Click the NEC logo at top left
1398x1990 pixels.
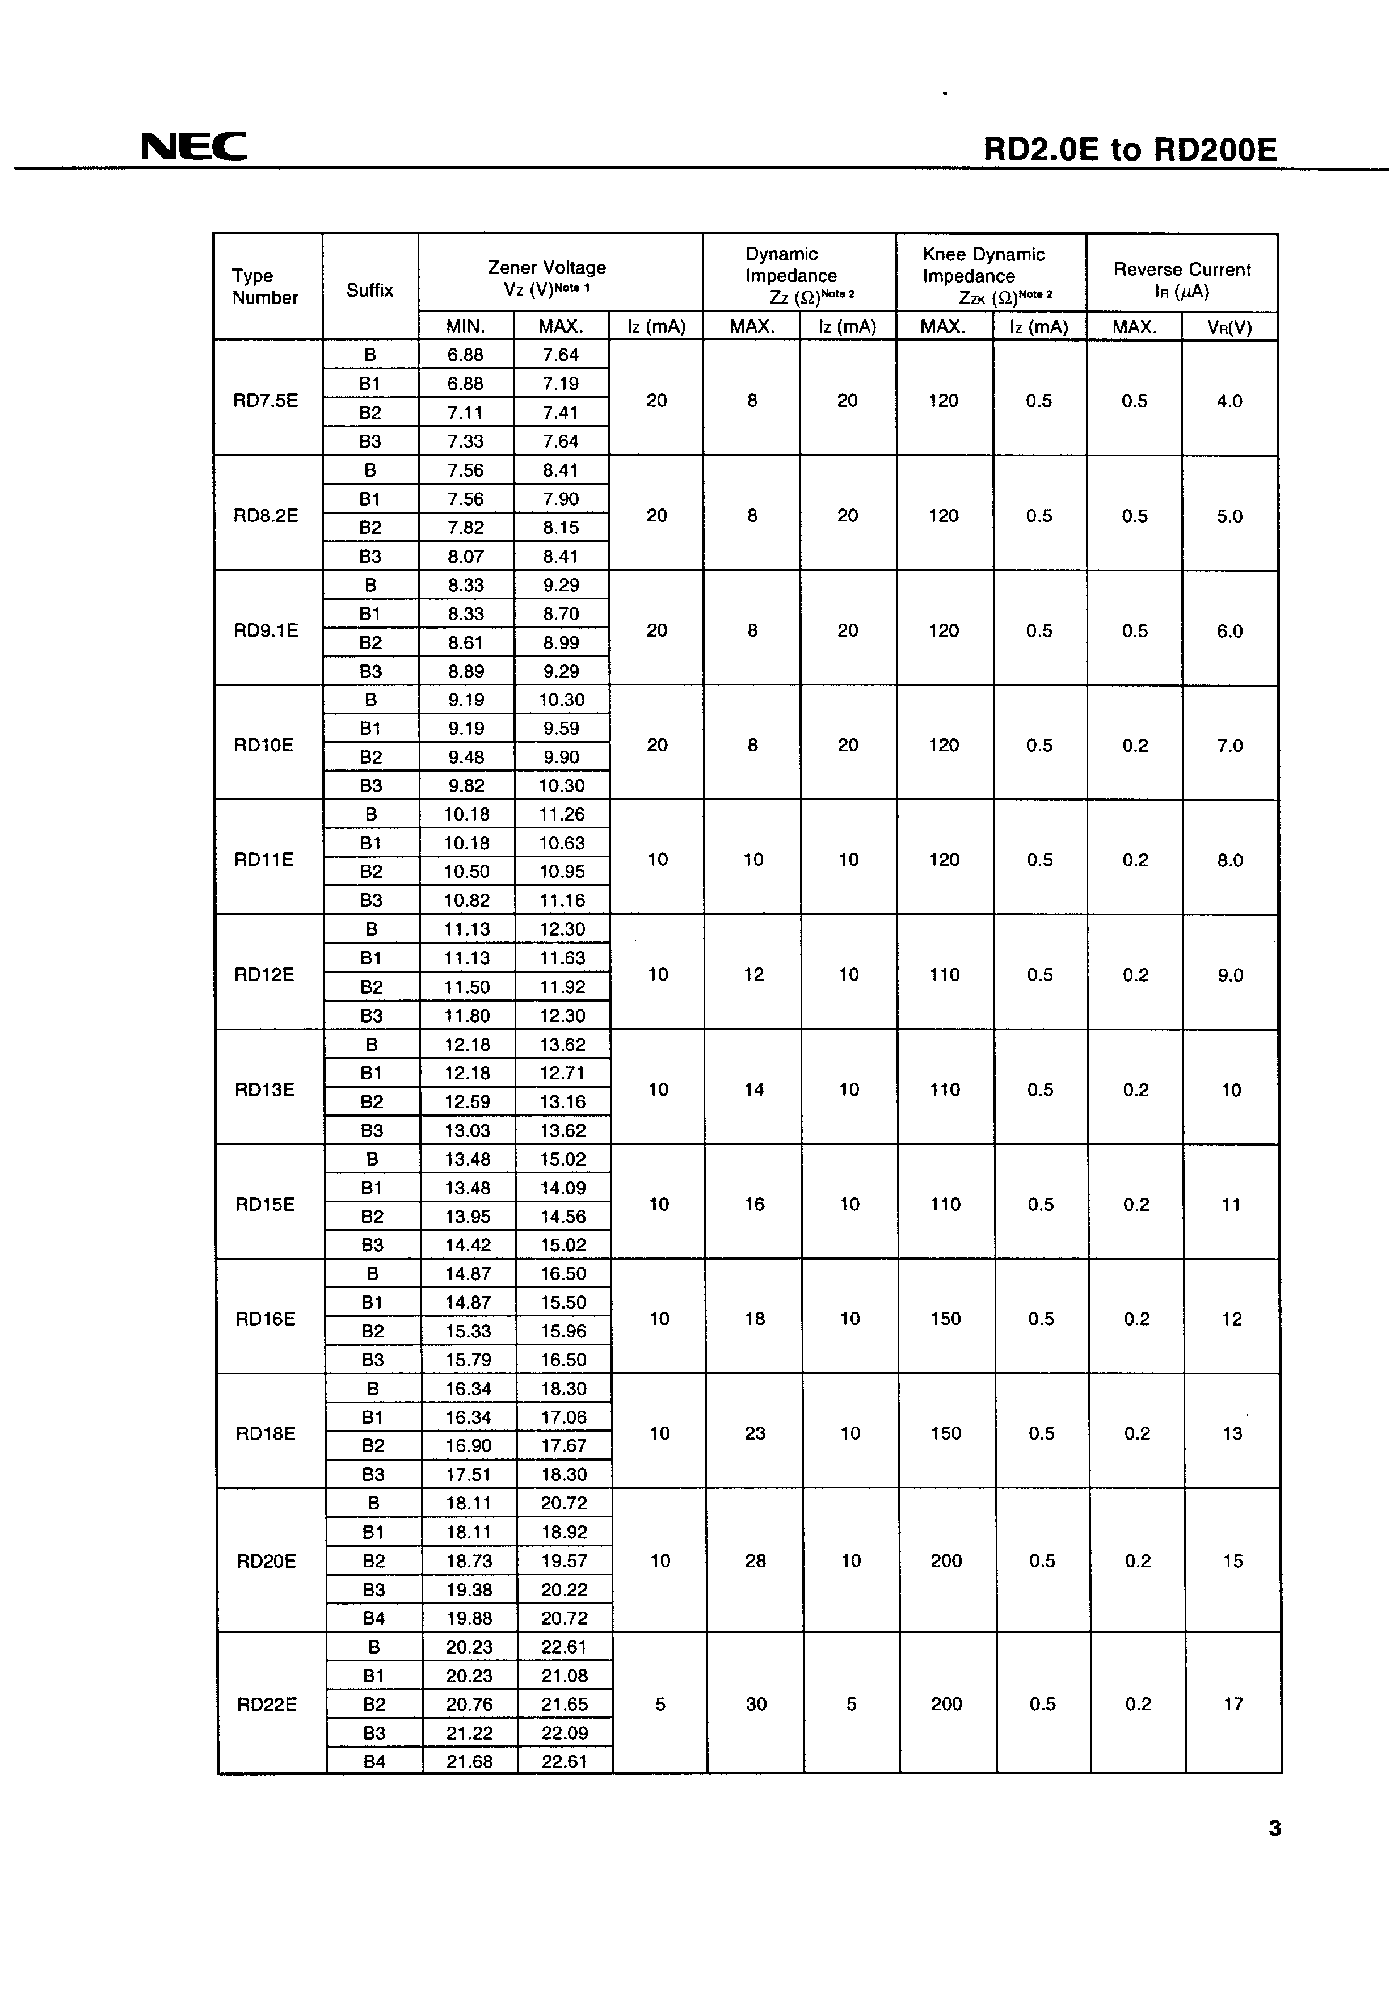pyautogui.click(x=194, y=146)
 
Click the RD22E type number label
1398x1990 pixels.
pyautogui.click(x=267, y=1704)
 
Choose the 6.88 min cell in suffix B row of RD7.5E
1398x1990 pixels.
pyautogui.click(x=465, y=355)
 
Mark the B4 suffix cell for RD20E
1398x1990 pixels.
pyautogui.click(x=373, y=1617)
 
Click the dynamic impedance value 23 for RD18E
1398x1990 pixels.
pyautogui.click(x=755, y=1433)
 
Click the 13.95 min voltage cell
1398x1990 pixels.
pyautogui.click(x=468, y=1216)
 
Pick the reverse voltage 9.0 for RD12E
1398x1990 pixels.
pyautogui.click(x=1231, y=975)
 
